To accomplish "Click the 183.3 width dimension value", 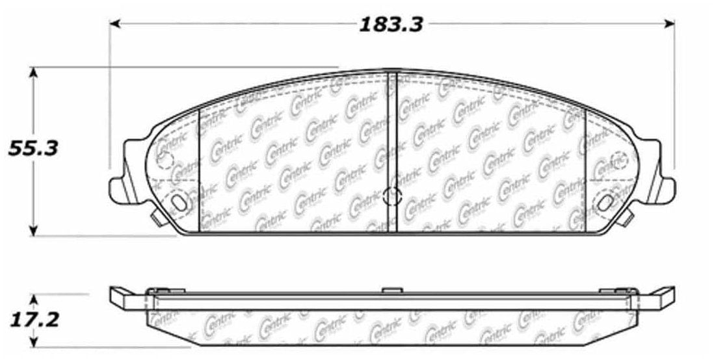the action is pos(391,25).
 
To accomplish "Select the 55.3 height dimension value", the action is pos(33,148).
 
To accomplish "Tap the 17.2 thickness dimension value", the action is pos(33,320).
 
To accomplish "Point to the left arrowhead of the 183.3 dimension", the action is pos(114,23).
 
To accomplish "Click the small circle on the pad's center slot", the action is pos(392,196).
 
